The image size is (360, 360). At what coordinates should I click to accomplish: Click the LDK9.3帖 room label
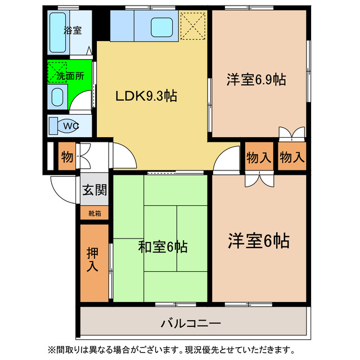(146, 96)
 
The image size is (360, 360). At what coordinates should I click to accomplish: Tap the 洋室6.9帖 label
(256, 80)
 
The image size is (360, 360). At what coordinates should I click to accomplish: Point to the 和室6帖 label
(163, 246)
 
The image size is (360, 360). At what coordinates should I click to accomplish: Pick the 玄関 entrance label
(94, 190)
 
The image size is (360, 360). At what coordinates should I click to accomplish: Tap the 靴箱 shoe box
(94, 213)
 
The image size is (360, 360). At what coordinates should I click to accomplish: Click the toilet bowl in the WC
(67, 126)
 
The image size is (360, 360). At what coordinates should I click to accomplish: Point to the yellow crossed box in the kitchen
(192, 25)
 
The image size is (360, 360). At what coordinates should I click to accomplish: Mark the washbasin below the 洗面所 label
(58, 96)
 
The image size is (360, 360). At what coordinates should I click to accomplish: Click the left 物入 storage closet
(259, 158)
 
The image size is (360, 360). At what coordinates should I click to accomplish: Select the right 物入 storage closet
(292, 158)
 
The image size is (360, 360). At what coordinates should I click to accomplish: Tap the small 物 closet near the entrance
(67, 157)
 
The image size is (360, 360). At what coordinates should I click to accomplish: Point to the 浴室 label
(73, 31)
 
